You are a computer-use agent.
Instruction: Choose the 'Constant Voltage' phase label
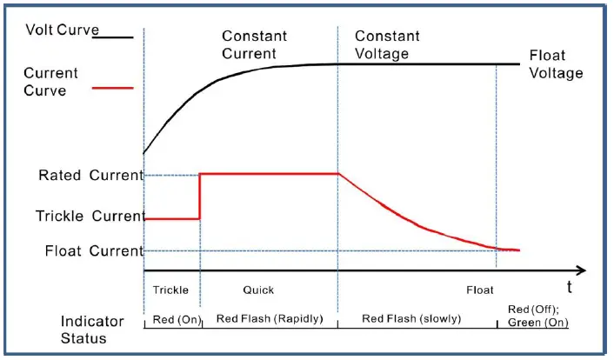tap(387, 45)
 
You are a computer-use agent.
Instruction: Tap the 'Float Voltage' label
tap(556, 65)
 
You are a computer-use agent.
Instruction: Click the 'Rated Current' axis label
tap(90, 176)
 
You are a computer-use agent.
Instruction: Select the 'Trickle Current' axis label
tap(89, 216)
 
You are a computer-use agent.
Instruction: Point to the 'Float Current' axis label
tap(93, 251)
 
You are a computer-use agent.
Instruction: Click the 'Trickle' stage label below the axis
tap(170, 290)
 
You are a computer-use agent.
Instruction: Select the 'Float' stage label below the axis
tap(479, 290)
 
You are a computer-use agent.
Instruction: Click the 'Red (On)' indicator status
tap(172, 319)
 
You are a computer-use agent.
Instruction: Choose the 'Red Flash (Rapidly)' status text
tap(269, 319)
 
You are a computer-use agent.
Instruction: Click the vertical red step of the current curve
tap(200, 197)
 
